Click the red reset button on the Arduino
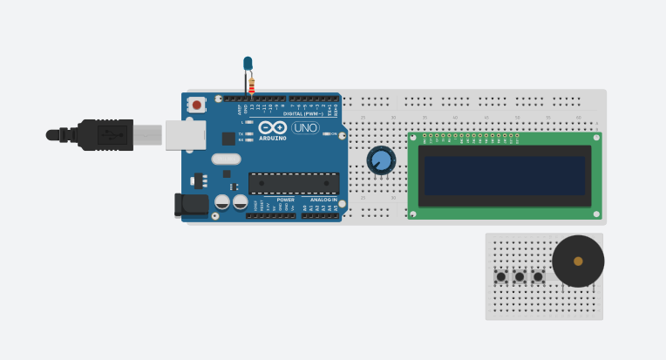tap(197, 105)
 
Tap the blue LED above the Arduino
tap(248, 63)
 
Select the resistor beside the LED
tap(252, 85)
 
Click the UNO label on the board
tap(305, 127)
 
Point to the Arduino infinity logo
tap(272, 127)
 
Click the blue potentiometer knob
tap(381, 160)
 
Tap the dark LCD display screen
tap(505, 175)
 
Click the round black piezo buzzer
tap(578, 261)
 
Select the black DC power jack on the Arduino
tap(192, 204)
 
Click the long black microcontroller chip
tap(294, 183)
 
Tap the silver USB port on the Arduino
tap(186, 135)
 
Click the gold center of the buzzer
tap(578, 261)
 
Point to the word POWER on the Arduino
tap(285, 200)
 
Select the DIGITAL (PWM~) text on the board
tap(302, 113)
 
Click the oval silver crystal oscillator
tap(226, 159)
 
